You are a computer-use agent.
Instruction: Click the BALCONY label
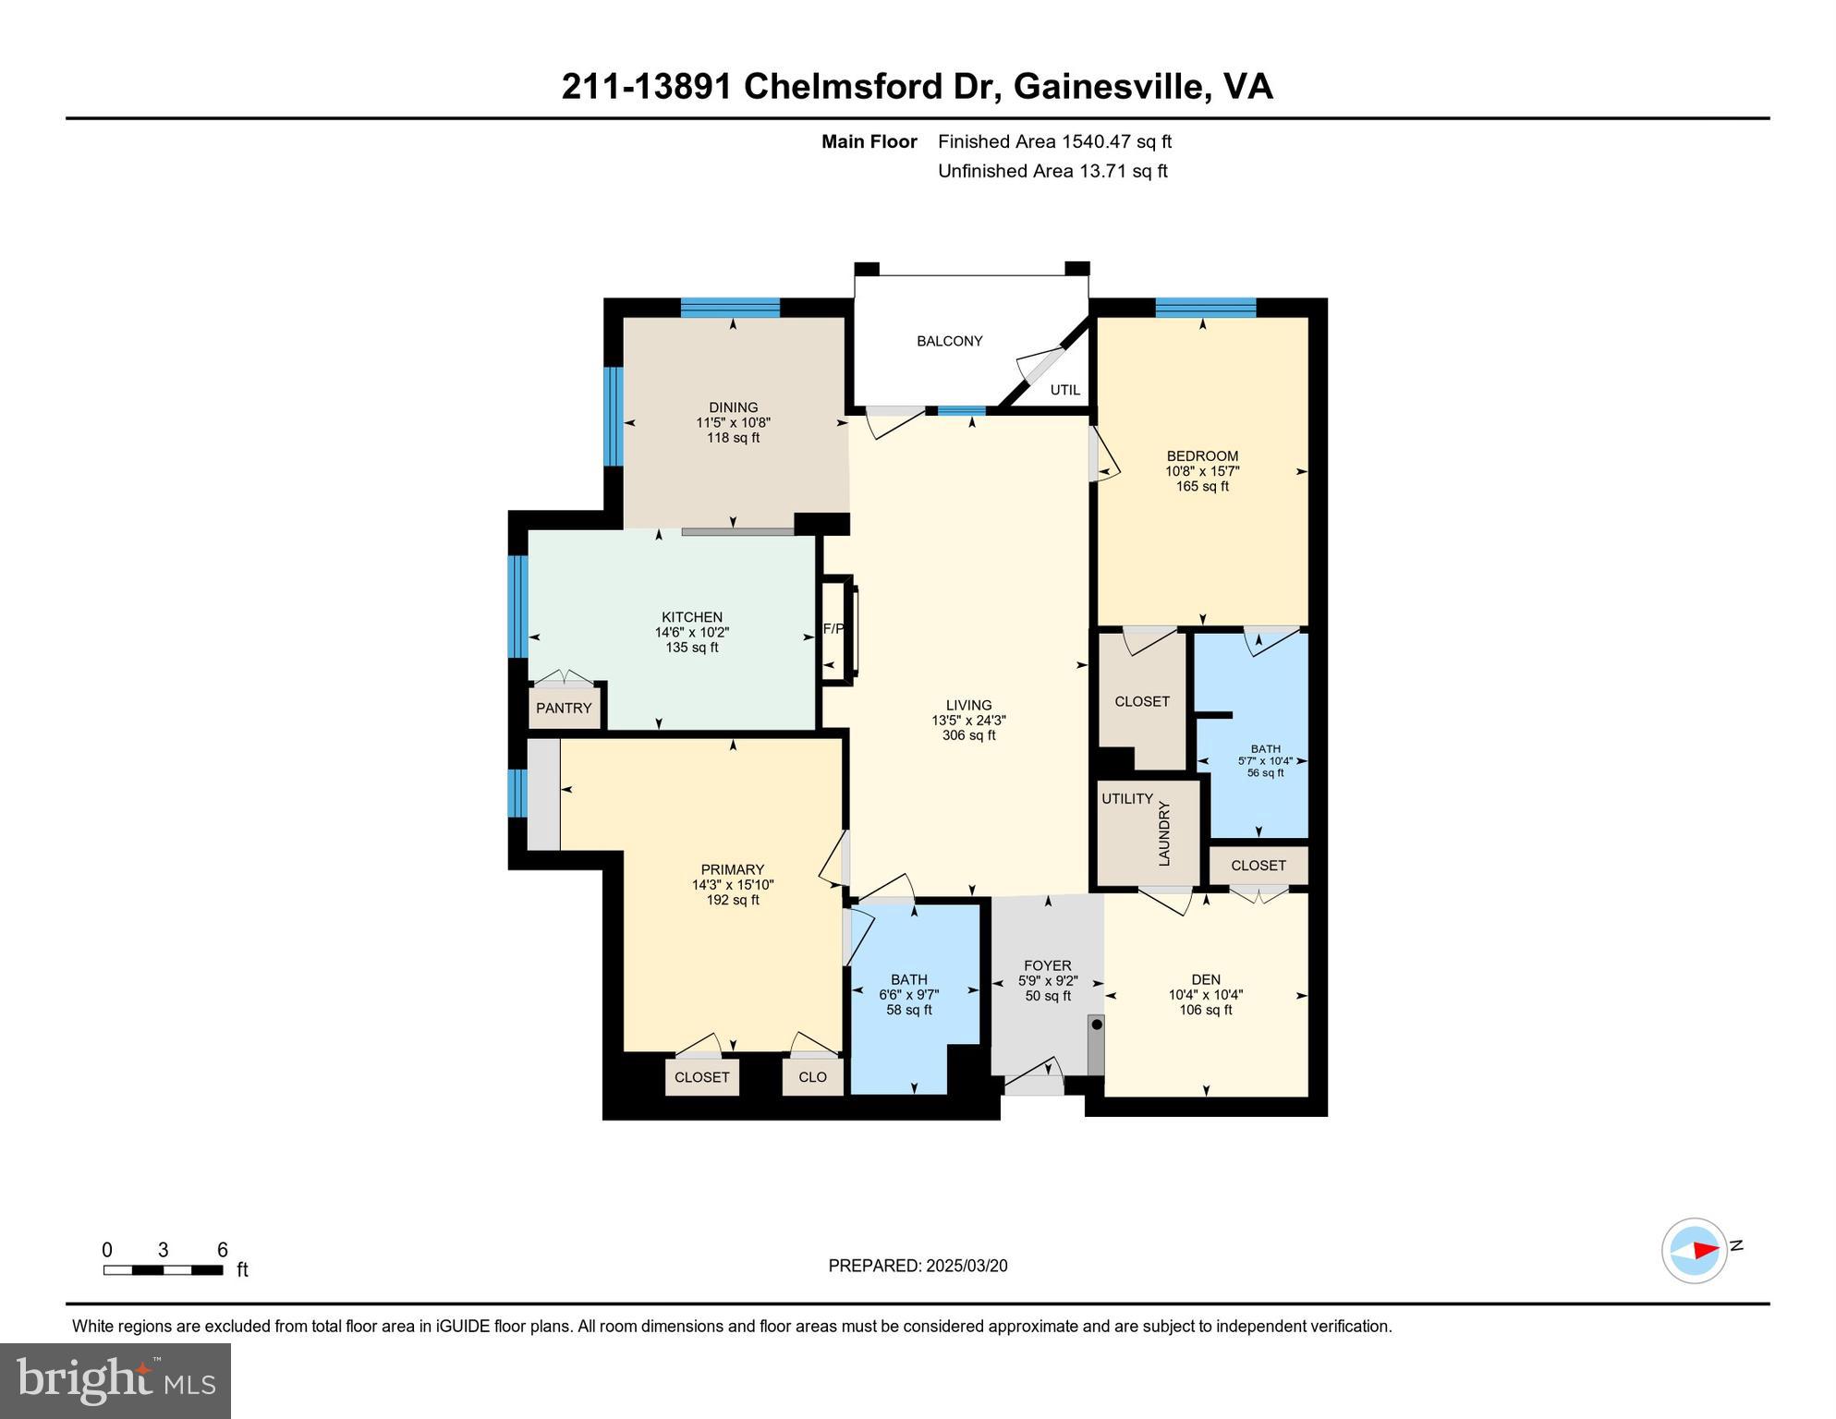coord(949,341)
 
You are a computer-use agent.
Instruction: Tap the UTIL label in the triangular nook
coord(1064,390)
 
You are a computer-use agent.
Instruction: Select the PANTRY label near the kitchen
coord(564,708)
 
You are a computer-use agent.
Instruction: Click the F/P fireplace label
coord(833,629)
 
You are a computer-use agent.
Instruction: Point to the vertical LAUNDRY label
coord(1164,832)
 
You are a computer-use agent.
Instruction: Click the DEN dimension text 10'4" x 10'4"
coord(1205,995)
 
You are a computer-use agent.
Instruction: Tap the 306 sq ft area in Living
coord(968,735)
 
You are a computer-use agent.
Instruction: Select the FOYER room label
coord(1047,965)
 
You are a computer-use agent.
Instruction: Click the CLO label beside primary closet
coord(812,1077)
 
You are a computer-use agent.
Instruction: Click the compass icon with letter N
coord(1695,1250)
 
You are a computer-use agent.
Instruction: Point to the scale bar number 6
coord(222,1250)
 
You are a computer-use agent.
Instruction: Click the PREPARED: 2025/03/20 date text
coord(918,1266)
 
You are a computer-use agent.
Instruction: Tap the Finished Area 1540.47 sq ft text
coord(1054,141)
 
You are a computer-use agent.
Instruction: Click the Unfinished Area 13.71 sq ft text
coord(1052,171)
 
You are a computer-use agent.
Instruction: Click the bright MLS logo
coord(116,1380)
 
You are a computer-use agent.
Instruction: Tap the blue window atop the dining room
coord(730,308)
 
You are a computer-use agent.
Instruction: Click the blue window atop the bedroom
coord(1205,308)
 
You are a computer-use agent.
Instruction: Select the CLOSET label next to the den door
coord(1258,866)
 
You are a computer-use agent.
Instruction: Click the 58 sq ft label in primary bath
coord(909,1010)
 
